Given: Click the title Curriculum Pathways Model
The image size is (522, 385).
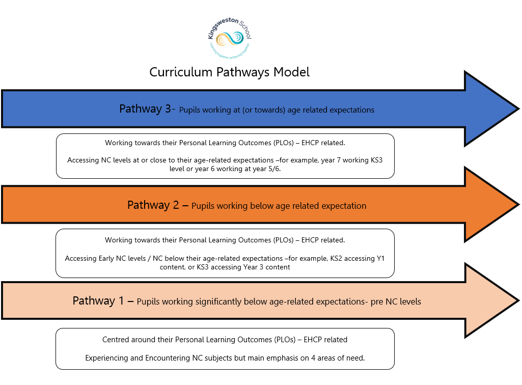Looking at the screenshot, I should (x=229, y=72).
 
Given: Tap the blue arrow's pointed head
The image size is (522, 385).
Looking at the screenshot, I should (x=491, y=108).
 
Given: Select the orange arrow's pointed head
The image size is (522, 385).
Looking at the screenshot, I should (x=491, y=205).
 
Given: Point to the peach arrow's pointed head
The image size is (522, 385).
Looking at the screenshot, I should (x=491, y=300).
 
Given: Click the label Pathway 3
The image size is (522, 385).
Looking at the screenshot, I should (x=145, y=109).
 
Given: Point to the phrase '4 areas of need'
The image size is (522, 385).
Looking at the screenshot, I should (x=338, y=358).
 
